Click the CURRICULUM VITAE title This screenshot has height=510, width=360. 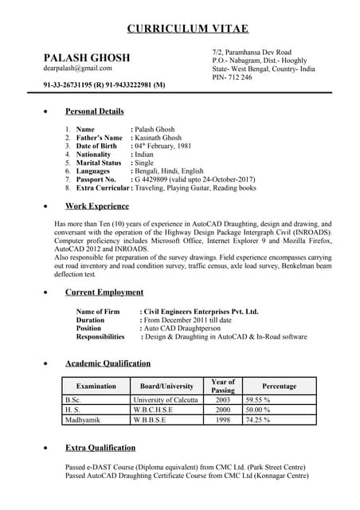coord(188,29)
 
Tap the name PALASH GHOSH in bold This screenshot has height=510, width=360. coord(87,58)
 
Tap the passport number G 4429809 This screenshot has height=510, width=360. coord(156,179)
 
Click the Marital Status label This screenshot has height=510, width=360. coord(99,163)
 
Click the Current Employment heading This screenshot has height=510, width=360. coord(104,292)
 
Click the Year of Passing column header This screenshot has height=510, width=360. coord(223,386)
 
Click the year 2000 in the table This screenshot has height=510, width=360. coord(223,409)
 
